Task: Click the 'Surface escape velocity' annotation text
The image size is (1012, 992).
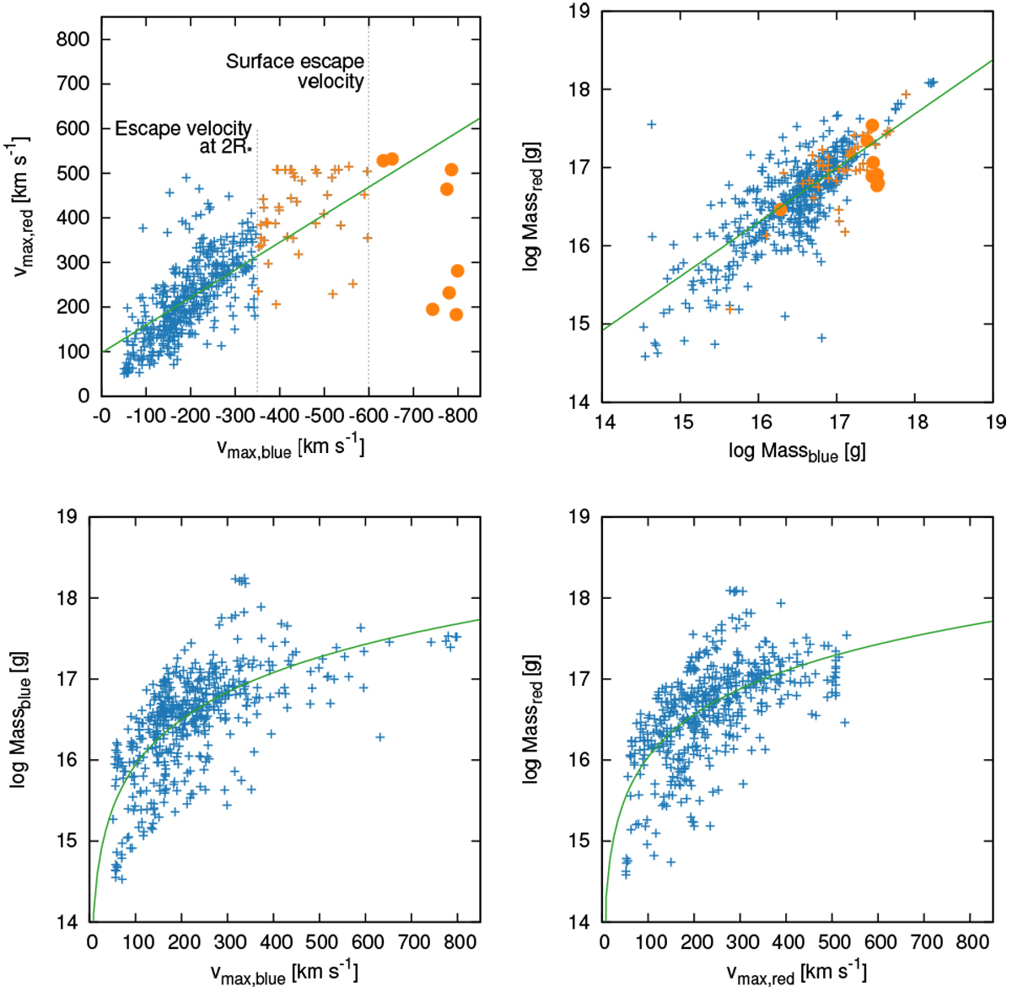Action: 295,71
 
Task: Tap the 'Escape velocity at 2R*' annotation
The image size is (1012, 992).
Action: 184,137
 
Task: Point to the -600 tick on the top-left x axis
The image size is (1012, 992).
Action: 369,416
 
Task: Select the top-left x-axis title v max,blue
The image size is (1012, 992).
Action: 291,447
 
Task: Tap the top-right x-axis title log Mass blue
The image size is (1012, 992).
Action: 797,452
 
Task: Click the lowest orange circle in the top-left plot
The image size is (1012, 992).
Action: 456,315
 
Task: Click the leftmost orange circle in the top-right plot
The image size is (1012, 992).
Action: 780,209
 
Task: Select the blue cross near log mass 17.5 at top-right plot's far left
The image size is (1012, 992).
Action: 651,124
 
